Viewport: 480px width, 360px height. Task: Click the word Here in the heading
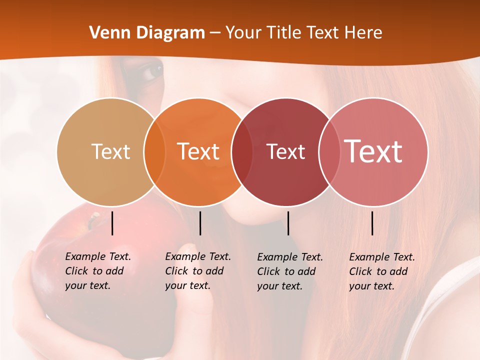(364, 33)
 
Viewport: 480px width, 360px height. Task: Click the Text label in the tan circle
(110, 151)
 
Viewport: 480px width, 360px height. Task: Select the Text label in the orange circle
(198, 151)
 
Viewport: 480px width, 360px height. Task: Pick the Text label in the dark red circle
(285, 151)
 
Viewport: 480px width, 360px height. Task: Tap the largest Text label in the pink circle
(373, 151)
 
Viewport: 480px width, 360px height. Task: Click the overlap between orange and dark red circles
(242, 151)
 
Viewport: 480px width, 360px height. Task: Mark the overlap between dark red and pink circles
(329, 151)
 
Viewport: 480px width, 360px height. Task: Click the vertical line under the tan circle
(112, 223)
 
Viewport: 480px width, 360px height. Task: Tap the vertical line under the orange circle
(200, 223)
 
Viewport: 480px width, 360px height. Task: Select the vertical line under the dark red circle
(288, 223)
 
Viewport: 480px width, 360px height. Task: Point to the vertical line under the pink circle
(372, 223)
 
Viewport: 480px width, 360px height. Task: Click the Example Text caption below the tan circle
(97, 271)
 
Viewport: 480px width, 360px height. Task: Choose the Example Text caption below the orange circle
(197, 271)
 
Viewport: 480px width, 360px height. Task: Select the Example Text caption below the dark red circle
(289, 271)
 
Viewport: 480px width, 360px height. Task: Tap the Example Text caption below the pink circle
(381, 271)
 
